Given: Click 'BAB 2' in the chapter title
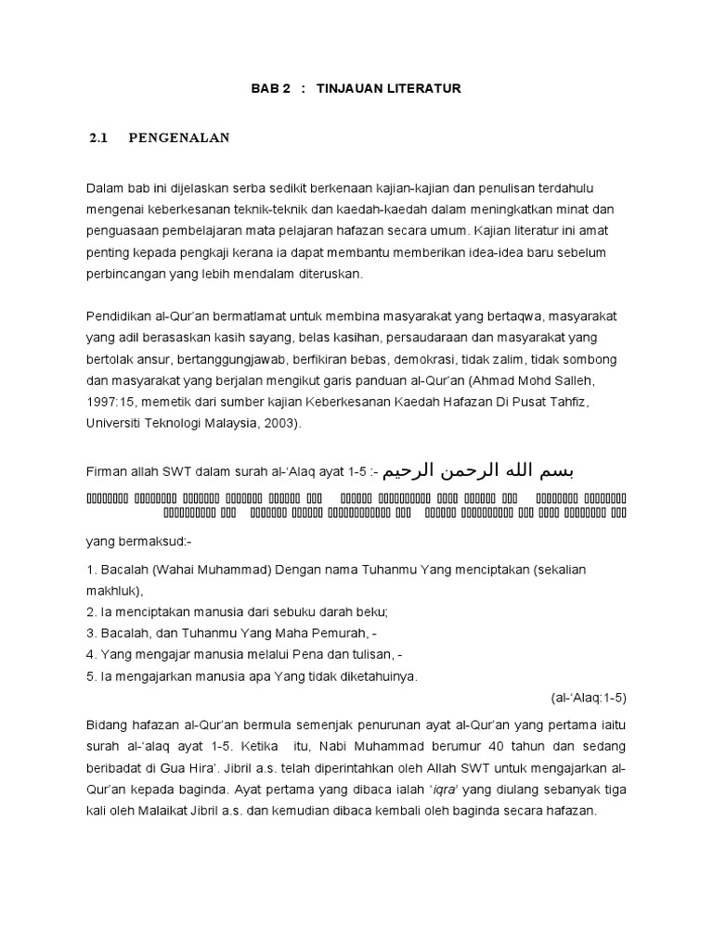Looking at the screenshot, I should click(x=271, y=88).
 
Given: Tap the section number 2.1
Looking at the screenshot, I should click(x=98, y=138).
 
